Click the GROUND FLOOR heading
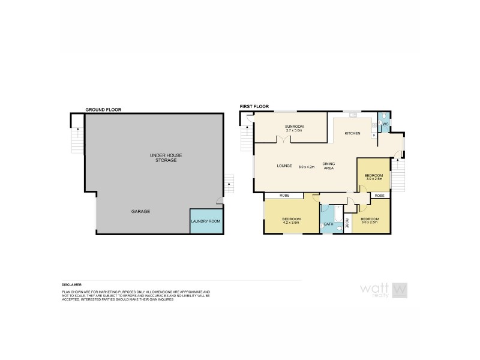click(103, 110)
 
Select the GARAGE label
click(140, 212)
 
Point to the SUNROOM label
click(295, 127)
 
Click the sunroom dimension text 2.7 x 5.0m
click(295, 131)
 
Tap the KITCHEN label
click(352, 133)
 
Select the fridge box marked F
click(374, 135)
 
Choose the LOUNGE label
click(284, 166)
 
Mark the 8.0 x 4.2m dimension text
click(307, 166)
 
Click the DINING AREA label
click(329, 166)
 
